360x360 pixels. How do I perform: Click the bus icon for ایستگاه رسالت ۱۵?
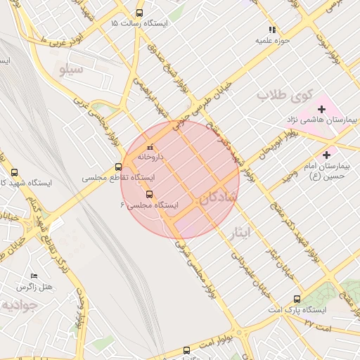coord(139,13)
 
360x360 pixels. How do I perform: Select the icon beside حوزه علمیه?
coord(272,30)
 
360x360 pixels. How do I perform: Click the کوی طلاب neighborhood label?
coord(283,94)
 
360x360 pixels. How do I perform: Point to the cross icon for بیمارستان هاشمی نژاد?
coord(322,109)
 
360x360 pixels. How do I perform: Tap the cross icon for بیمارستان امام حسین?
coord(326,155)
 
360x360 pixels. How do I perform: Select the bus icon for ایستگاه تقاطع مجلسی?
coord(118,167)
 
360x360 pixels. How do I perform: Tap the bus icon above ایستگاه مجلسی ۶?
coord(149,194)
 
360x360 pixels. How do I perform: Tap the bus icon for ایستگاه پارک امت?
coord(297,299)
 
